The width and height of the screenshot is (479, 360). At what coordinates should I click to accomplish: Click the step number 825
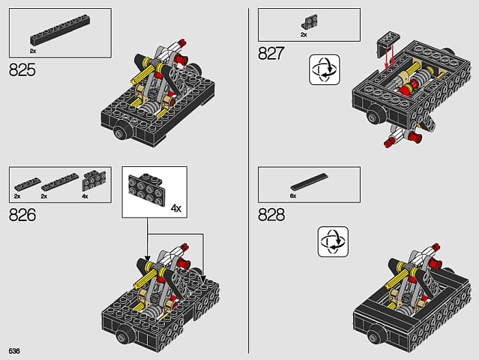[x=23, y=70]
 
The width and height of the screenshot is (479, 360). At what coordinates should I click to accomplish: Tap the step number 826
[x=23, y=215]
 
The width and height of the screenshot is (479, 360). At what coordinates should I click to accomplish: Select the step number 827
[x=271, y=53]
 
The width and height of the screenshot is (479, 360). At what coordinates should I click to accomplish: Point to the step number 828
[x=271, y=215]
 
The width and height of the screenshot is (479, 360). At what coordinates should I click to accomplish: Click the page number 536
[x=14, y=351]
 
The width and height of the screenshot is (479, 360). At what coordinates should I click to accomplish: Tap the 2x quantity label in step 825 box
[x=33, y=51]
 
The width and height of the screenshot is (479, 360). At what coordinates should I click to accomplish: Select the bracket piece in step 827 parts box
[x=309, y=23]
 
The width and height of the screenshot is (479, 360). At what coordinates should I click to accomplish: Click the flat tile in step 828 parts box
[x=309, y=182]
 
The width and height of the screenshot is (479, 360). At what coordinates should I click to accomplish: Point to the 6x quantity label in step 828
[x=294, y=196]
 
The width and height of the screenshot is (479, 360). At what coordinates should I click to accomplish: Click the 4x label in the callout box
[x=176, y=209]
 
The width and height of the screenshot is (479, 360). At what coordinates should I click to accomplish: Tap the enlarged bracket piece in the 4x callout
[x=146, y=190]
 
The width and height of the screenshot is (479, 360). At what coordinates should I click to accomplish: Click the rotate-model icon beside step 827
[x=324, y=70]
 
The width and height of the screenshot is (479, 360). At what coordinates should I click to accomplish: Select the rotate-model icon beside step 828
[x=333, y=242]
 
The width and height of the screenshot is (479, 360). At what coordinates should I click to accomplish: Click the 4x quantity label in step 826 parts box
[x=85, y=196]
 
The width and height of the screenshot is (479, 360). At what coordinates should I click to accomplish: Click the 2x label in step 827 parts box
[x=304, y=35]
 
